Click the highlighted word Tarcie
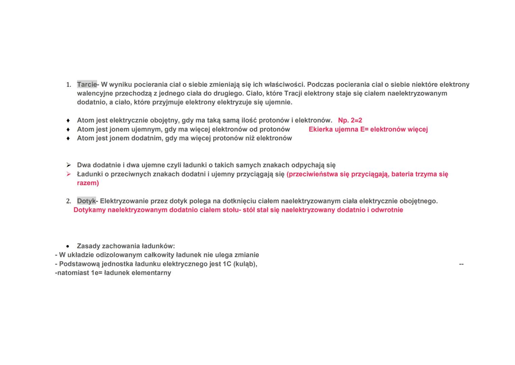pos(87,84)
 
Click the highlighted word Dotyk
pos(86,201)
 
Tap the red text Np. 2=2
pos(350,120)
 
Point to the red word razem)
pos(88,183)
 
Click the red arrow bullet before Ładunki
pos(68,174)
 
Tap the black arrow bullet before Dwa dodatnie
pos(68,165)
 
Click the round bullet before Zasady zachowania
pos(68,246)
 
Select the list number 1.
pos(68,85)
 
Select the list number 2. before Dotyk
pos(68,201)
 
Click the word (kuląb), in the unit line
pos(245,264)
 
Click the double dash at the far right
pos(461,264)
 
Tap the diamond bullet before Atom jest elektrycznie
pos(68,120)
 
